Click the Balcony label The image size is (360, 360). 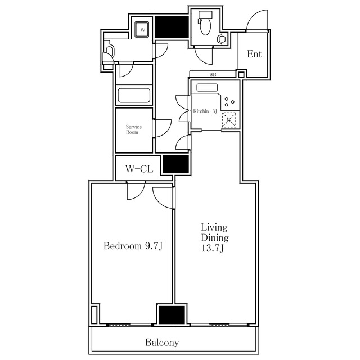click(162, 343)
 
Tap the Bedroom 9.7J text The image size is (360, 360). click(133, 246)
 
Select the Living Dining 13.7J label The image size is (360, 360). click(215, 237)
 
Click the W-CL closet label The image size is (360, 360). click(139, 169)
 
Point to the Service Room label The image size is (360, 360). click(134, 129)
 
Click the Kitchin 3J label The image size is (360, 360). click(205, 111)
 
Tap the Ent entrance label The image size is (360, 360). click(254, 54)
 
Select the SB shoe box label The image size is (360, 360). click(213, 74)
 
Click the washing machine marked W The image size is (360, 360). click(142, 29)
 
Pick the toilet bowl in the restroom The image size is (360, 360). click(205, 26)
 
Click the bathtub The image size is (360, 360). click(134, 95)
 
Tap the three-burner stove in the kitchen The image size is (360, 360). click(229, 102)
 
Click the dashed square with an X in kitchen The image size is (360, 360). click(229, 120)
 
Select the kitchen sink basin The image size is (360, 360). click(207, 88)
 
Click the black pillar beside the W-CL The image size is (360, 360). click(175, 164)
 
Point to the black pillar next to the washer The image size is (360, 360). click(172, 27)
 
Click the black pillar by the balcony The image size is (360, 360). click(172, 315)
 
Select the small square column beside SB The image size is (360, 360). click(241, 74)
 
